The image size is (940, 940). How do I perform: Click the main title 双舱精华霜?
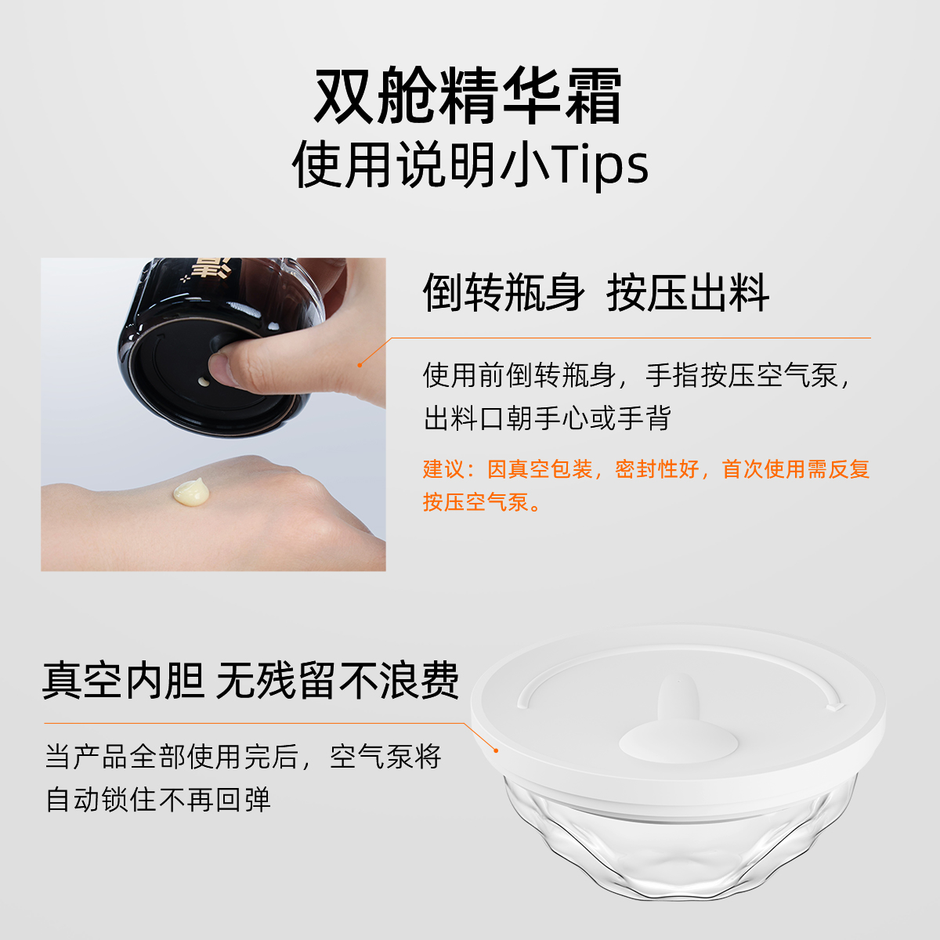click(x=468, y=96)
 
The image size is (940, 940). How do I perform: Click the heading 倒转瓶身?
click(x=503, y=293)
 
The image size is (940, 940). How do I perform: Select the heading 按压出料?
click(x=688, y=293)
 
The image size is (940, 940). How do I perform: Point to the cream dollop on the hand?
click(x=191, y=491)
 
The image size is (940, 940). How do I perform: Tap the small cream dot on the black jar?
click(x=204, y=381)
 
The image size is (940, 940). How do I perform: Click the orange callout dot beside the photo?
click(x=360, y=365)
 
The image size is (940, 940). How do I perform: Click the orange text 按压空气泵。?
click(x=482, y=502)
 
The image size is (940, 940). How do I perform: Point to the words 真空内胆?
click(x=123, y=681)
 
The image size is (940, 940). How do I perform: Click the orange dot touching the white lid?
click(x=496, y=750)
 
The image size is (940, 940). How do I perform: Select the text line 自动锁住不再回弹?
click(x=157, y=800)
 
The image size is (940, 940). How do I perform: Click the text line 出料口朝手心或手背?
click(x=547, y=418)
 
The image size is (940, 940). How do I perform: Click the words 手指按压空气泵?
click(x=742, y=376)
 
